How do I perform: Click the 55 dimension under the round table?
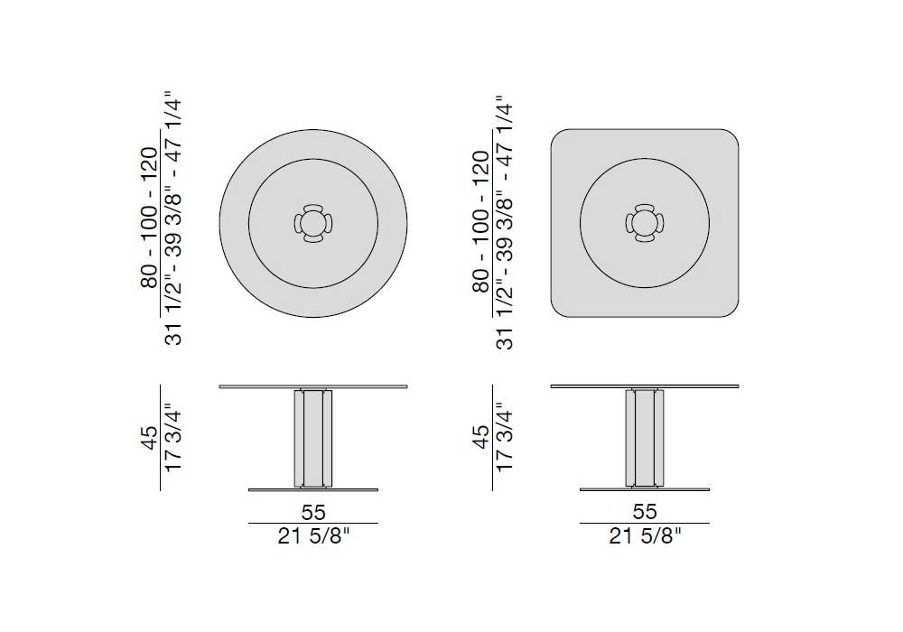pos(313,512)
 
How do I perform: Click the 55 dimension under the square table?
pos(645,511)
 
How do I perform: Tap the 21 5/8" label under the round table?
pos(313,536)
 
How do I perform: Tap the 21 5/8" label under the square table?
pos(645,536)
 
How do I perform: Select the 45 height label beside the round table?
pos(149,438)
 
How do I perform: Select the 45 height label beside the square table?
pos(480,438)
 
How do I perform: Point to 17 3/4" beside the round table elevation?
pos(172,438)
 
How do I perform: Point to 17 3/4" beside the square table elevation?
pos(503,438)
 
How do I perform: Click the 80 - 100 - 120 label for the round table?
pos(149,218)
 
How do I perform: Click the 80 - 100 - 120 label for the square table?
pos(480,221)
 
